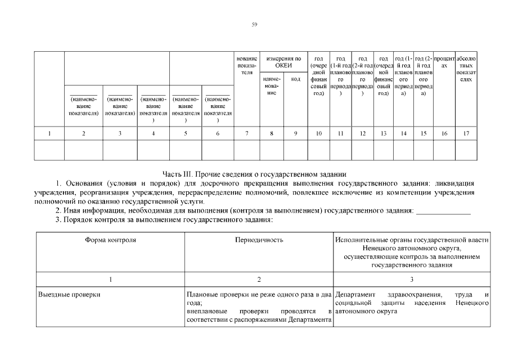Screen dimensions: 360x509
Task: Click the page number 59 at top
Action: pyautogui.click(x=254, y=24)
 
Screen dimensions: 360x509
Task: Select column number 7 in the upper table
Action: pyautogui.click(x=247, y=133)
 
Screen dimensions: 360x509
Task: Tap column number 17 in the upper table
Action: pyautogui.click(x=466, y=133)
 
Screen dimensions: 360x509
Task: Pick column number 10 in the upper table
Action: pyautogui.click(x=318, y=133)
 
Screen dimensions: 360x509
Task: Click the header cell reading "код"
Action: pyautogui.click(x=296, y=79)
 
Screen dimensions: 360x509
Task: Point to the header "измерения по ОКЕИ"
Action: pyautogui.click(x=283, y=62)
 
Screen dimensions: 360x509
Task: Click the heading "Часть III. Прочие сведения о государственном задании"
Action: pyautogui.click(x=254, y=174)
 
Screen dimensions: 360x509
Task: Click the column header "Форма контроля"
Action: pyautogui.click(x=110, y=240)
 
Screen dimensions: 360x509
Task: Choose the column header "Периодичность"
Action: pyautogui.click(x=259, y=240)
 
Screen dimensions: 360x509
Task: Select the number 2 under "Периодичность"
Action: pyautogui.click(x=259, y=279)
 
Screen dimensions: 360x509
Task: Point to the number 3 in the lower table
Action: pyautogui.click(x=411, y=279)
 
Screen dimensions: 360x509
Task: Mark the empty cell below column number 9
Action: pyautogui.click(x=296, y=150)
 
